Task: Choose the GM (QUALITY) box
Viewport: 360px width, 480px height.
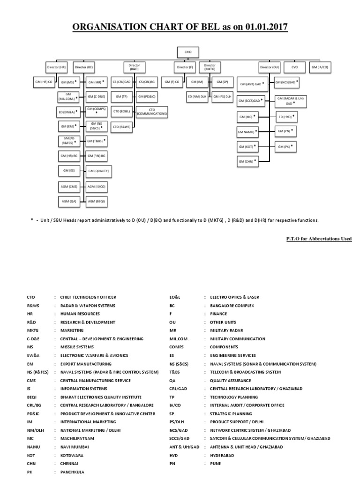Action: tap(98, 171)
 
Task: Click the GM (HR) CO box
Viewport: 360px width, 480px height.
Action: tap(44, 82)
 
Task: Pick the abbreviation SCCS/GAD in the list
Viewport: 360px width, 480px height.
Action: tap(180, 438)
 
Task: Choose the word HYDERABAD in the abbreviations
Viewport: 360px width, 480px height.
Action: tap(225, 455)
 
